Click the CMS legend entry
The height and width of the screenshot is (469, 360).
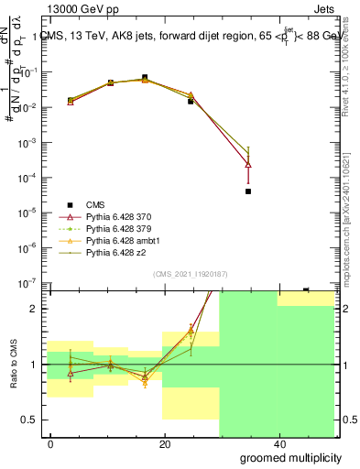point(95,205)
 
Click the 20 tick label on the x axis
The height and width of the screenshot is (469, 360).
point(165,444)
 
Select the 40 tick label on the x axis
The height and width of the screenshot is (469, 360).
point(279,444)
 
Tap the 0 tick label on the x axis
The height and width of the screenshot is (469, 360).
point(50,444)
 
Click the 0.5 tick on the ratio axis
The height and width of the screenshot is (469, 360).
point(31,420)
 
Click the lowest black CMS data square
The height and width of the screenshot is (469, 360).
point(248,191)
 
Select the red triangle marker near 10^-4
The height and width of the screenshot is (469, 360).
point(248,165)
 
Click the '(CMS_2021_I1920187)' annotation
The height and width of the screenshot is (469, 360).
point(191,273)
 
